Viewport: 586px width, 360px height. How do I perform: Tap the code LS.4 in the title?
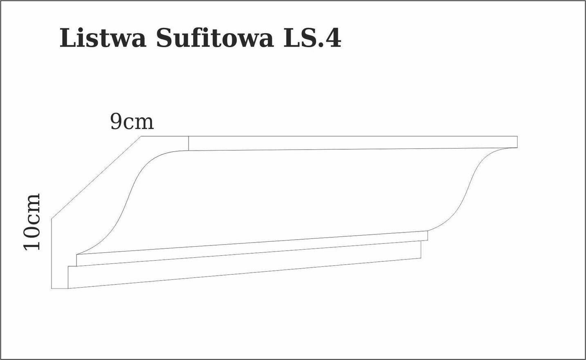312,38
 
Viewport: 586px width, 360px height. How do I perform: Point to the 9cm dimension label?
132,122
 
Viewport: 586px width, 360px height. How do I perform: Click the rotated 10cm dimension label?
32,222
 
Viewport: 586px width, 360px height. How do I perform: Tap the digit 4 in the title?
332,38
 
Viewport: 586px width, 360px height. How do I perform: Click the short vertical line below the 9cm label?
189,143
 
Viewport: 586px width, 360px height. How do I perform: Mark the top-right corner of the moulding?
517,136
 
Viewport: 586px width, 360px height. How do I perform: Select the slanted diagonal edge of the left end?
96,177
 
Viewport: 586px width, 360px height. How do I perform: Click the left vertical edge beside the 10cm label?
52,254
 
